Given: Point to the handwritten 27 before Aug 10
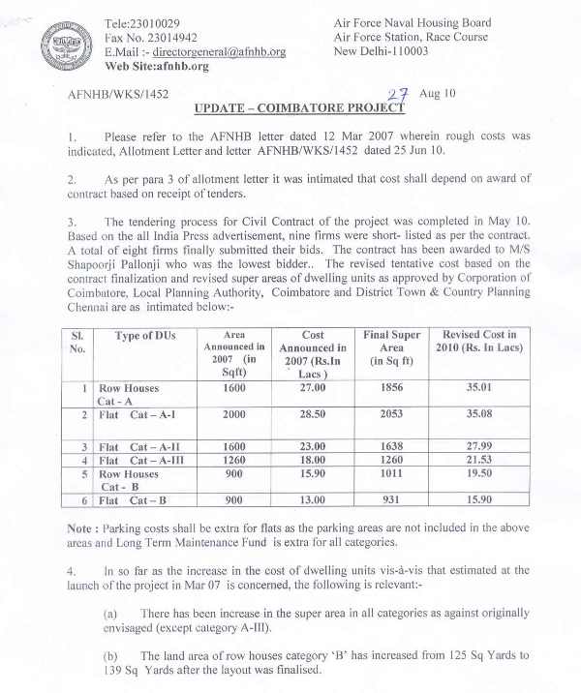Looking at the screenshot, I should click(398, 94).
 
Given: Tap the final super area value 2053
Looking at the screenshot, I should click(391, 414).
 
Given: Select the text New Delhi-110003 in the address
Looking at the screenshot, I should click(382, 52).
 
